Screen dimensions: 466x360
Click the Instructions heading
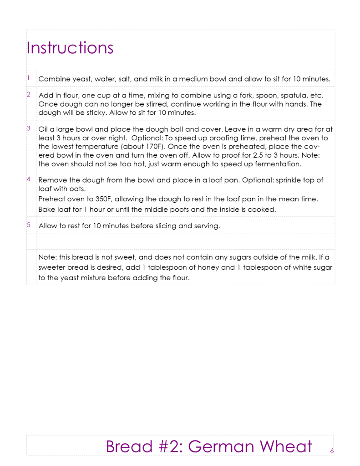(70, 47)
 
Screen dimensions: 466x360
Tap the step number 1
(28, 78)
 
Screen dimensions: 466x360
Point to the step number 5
(28, 225)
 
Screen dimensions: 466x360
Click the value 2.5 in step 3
(259, 155)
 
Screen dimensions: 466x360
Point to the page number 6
(332, 451)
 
